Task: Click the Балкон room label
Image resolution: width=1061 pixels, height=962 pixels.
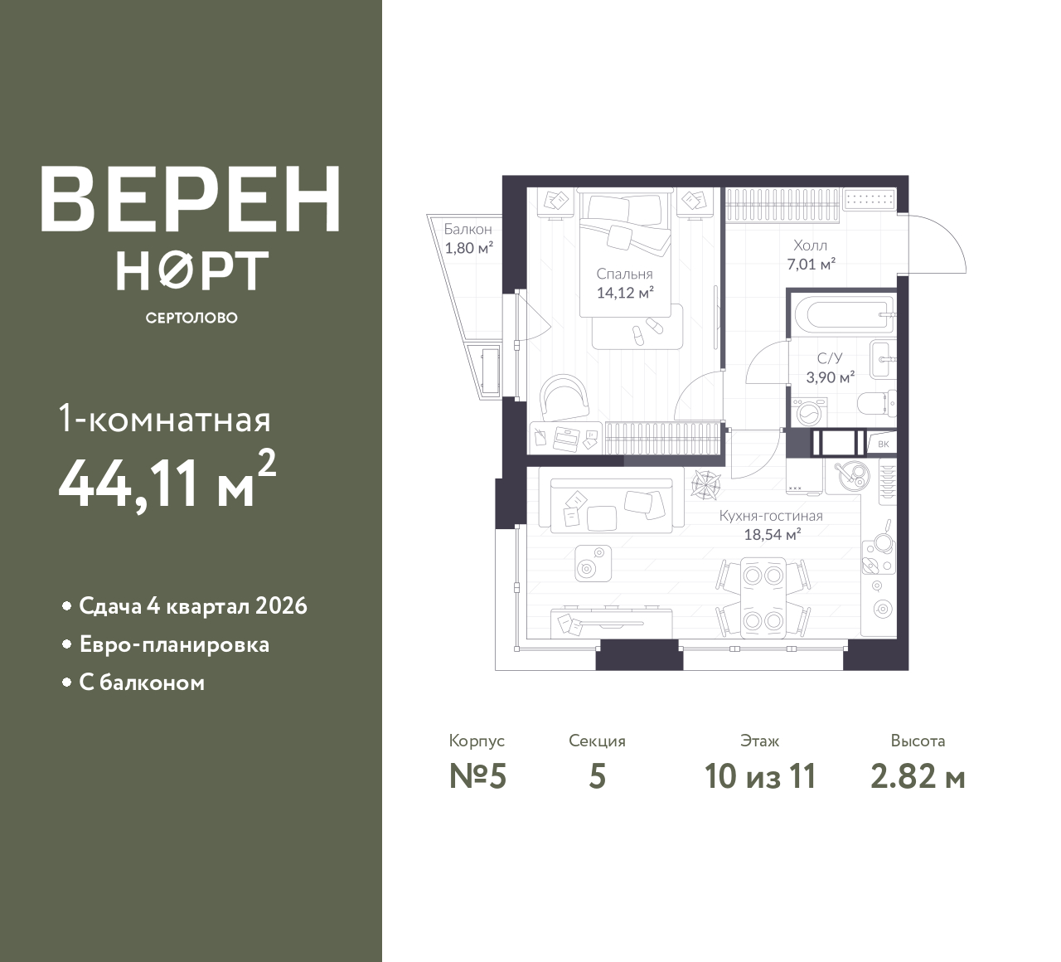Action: [468, 229]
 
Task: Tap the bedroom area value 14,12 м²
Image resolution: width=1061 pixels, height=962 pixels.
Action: [625, 293]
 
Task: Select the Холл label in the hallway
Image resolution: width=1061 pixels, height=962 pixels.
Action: [811, 245]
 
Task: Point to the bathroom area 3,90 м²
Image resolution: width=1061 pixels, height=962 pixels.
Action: [831, 377]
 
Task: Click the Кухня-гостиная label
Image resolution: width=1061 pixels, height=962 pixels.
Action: [771, 516]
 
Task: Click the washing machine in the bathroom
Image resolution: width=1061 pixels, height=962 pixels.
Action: [808, 413]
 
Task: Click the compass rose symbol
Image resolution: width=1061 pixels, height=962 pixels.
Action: [705, 483]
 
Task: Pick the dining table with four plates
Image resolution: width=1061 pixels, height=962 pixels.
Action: [763, 597]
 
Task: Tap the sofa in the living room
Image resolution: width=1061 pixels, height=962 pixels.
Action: [612, 505]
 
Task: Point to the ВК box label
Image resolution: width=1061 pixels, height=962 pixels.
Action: [884, 444]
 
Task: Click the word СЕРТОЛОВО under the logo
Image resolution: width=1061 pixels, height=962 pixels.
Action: [191, 318]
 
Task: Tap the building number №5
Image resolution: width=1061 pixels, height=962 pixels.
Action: [478, 776]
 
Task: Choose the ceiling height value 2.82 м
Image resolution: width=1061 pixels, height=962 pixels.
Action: [918, 777]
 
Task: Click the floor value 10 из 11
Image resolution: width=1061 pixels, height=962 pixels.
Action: [760, 777]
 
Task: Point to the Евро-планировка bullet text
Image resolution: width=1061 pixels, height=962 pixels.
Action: [174, 644]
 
